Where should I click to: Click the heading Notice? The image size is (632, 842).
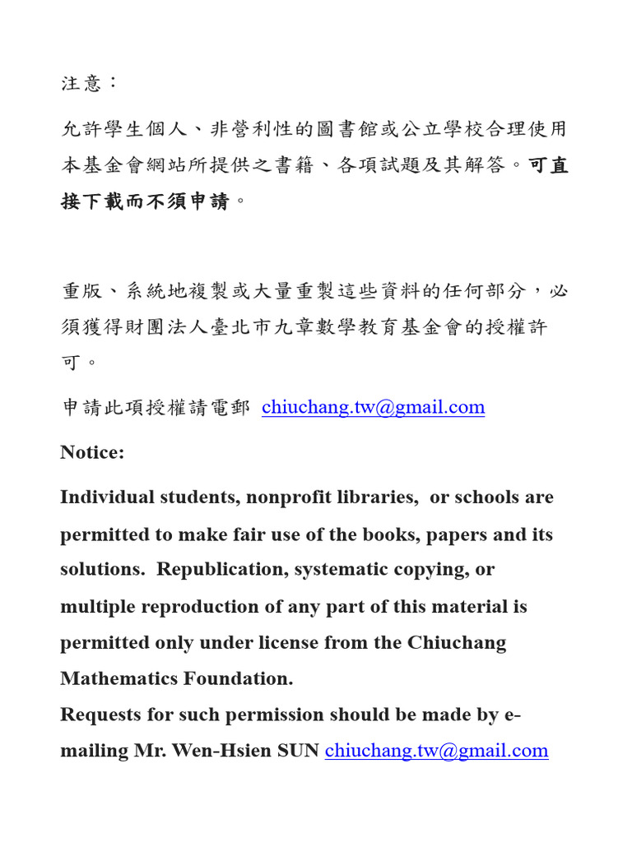(x=92, y=452)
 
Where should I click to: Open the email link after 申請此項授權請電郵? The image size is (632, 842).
(x=373, y=407)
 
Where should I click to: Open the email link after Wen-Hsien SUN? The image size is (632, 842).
(x=436, y=750)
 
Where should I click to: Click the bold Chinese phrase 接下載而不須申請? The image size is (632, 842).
(x=146, y=201)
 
